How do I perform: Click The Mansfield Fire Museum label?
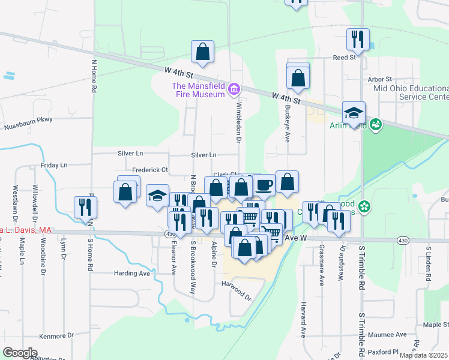(197, 89)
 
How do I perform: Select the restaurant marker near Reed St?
(358, 40)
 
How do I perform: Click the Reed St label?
(345, 58)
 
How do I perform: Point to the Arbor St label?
(379, 79)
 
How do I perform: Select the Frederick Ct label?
(150, 170)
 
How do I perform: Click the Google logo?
(20, 353)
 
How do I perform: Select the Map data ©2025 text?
(423, 355)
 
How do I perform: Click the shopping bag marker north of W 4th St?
(203, 52)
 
